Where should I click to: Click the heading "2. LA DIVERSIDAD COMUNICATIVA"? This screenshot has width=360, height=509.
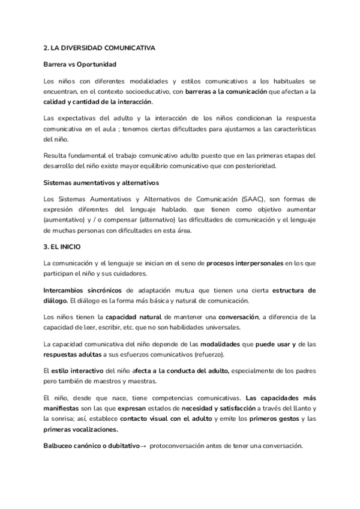click(x=100, y=48)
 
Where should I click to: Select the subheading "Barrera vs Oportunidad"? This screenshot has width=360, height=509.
click(x=80, y=64)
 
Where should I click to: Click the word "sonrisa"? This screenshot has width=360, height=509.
click(x=61, y=419)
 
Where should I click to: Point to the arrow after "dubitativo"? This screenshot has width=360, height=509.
click(x=142, y=445)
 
